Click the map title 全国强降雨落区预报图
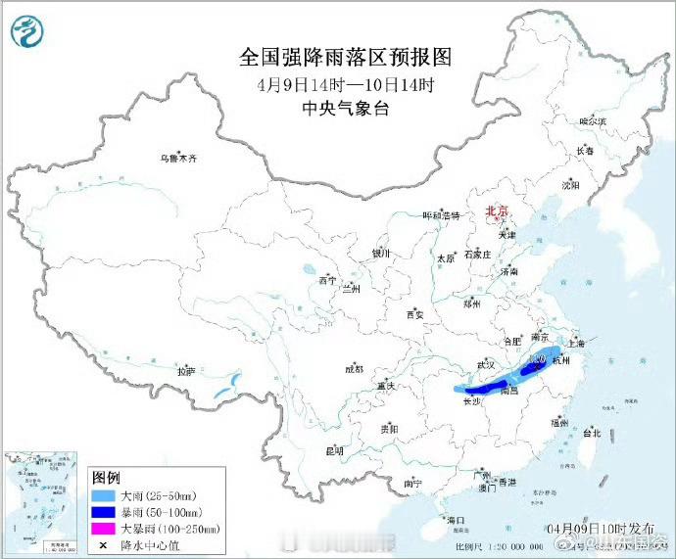click(346, 57)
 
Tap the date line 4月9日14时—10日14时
click(346, 84)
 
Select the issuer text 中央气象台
click(346, 109)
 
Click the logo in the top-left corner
click(29, 33)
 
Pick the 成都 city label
click(354, 369)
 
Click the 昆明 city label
click(334, 451)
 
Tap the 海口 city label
click(455, 519)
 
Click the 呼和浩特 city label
click(440, 215)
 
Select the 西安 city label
click(414, 314)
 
